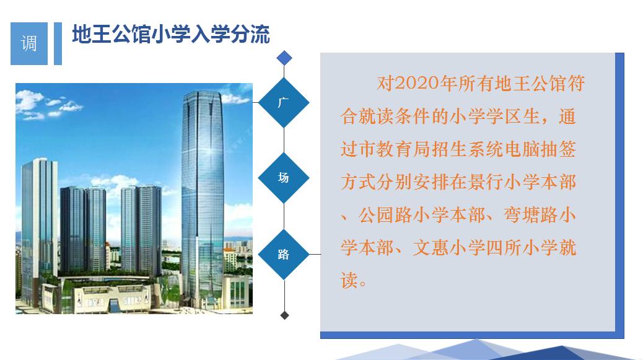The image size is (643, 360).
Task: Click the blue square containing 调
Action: (28, 43)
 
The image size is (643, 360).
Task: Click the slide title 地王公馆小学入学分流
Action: (171, 35)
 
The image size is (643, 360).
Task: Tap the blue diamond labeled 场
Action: (284, 178)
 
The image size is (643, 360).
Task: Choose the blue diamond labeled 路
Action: (284, 254)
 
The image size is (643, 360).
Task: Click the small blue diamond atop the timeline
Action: (284, 58)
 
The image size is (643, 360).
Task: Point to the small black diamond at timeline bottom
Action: (284, 315)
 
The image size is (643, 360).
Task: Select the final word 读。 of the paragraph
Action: (354, 281)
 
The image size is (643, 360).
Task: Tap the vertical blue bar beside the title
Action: (58, 43)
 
